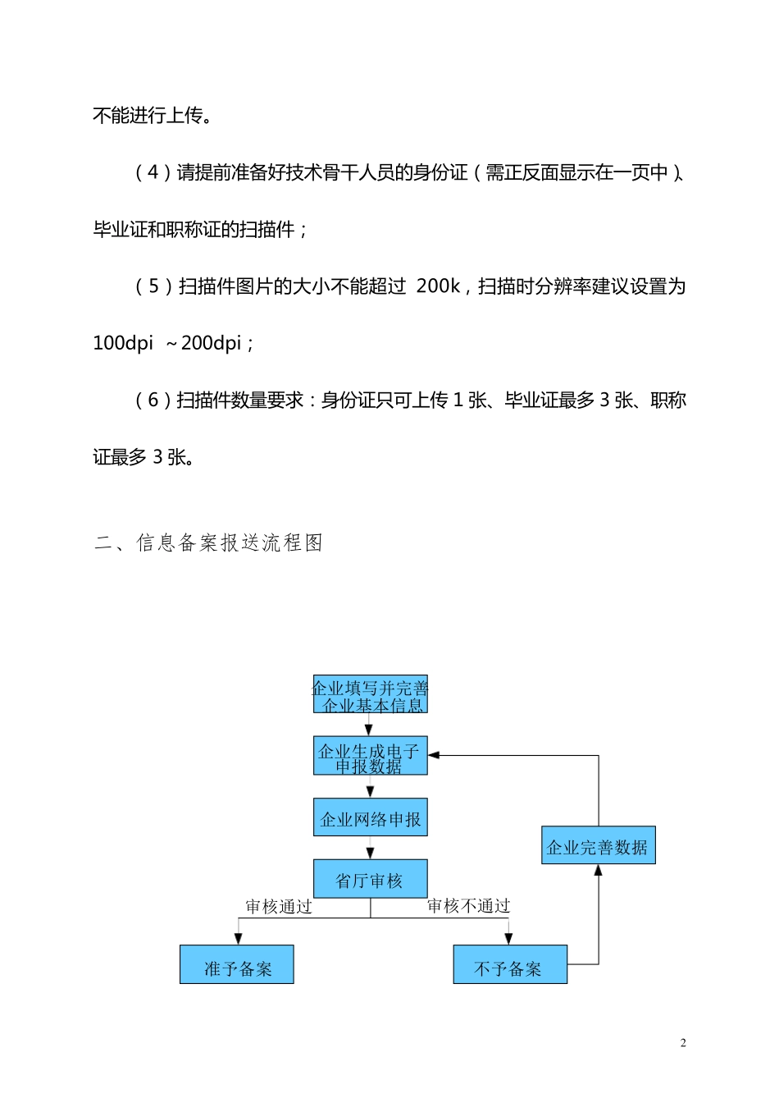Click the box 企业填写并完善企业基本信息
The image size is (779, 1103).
coord(370,695)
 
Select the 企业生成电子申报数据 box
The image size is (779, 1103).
coord(370,756)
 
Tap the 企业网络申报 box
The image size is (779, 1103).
coord(370,817)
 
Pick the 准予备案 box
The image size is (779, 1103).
coord(237,964)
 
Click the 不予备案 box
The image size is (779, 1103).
coord(510,964)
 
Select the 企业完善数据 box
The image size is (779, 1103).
coord(598,845)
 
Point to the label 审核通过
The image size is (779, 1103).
coord(279,906)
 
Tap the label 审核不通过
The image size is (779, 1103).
coord(469,905)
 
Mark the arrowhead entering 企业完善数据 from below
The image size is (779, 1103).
coord(599,870)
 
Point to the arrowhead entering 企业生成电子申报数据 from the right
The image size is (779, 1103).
coord(434,755)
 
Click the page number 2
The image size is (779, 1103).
coord(683,1043)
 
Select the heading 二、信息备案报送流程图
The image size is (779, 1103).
coord(209,542)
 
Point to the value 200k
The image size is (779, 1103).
coord(439,286)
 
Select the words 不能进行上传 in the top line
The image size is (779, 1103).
coord(148,116)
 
